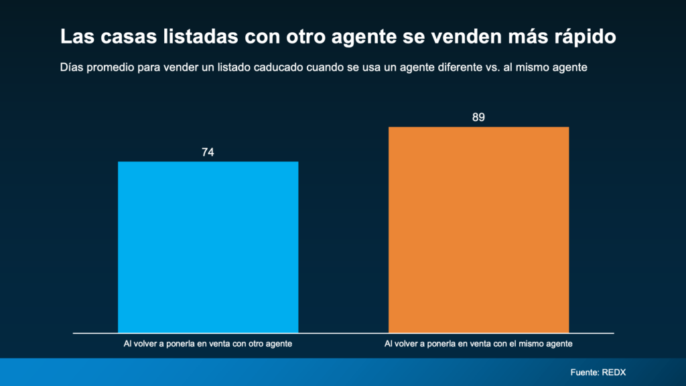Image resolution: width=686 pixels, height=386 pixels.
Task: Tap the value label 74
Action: (x=208, y=152)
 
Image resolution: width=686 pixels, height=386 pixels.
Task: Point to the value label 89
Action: (x=478, y=117)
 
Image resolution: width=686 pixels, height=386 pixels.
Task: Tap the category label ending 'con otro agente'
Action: (x=208, y=344)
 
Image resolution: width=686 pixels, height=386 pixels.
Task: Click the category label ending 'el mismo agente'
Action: (x=478, y=344)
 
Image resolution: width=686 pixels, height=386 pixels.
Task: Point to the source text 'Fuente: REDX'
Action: (x=598, y=372)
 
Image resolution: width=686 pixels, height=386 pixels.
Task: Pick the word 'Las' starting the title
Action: (x=74, y=37)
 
